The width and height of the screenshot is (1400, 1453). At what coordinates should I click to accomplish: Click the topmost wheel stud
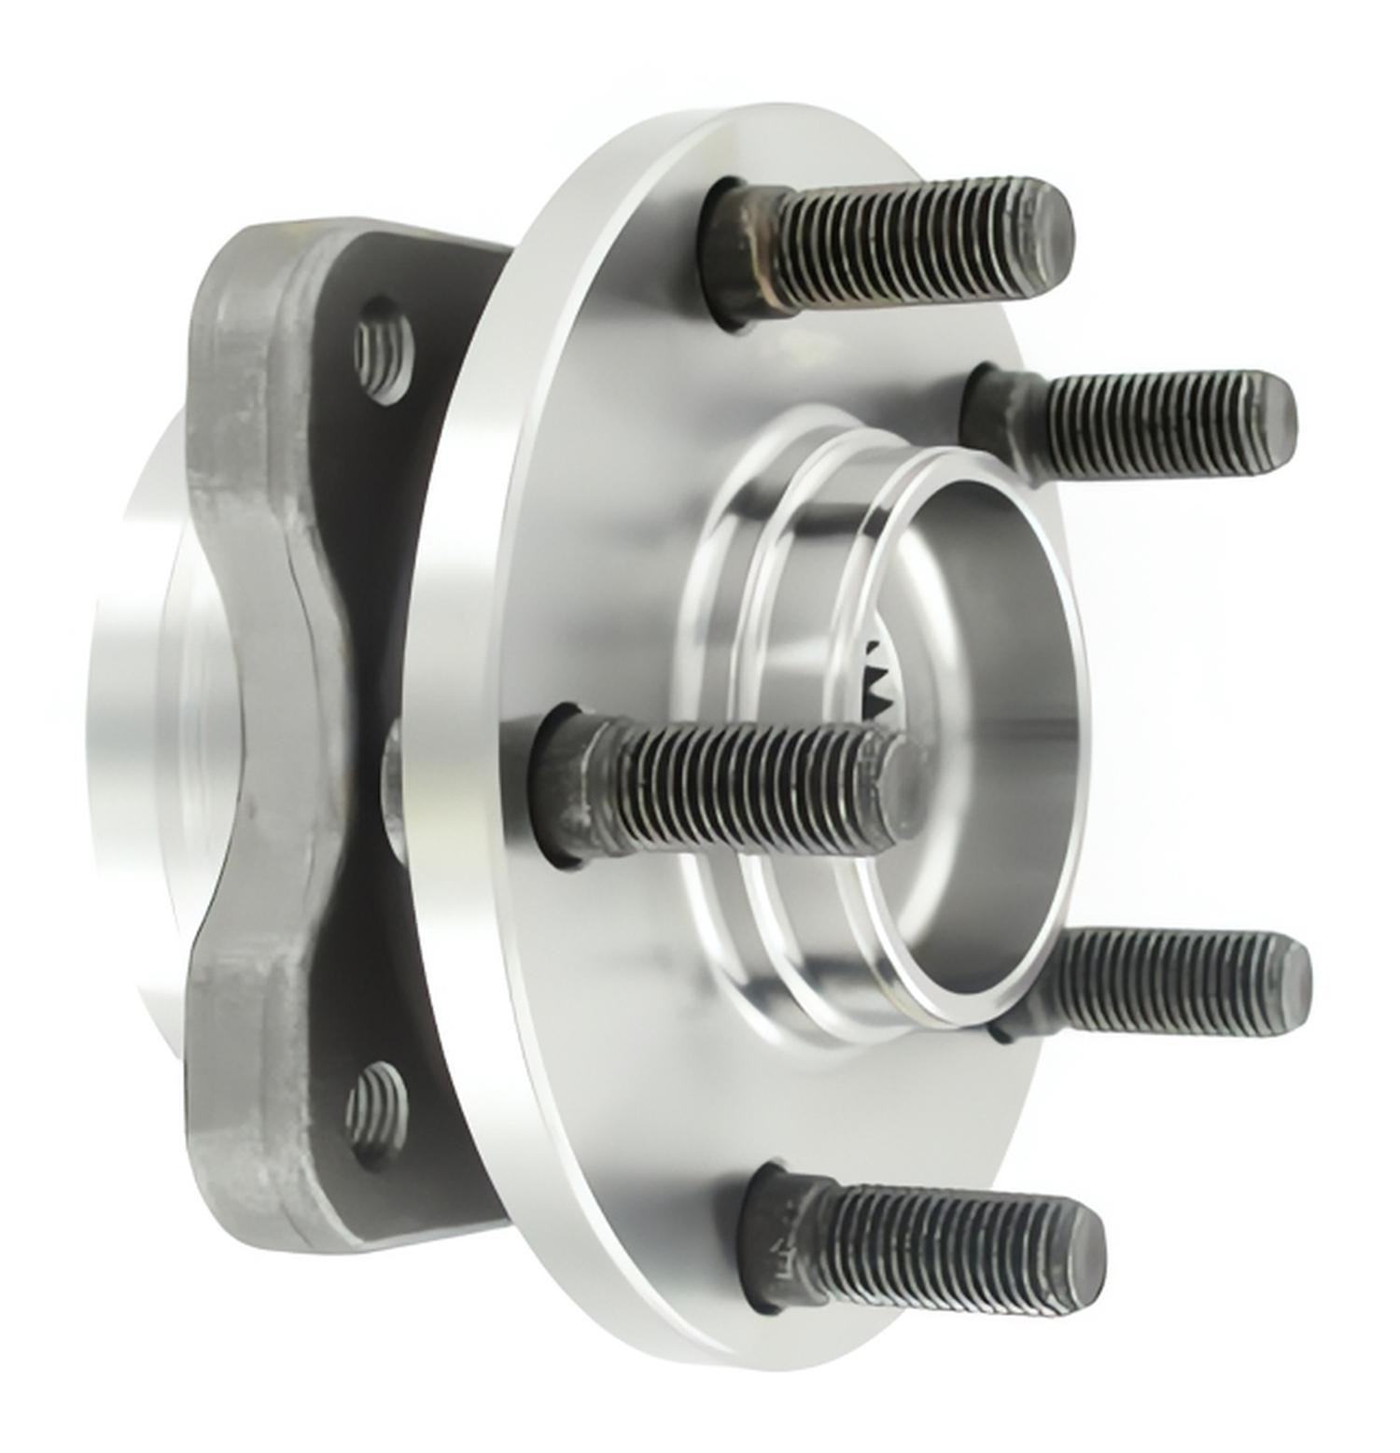(x=896, y=247)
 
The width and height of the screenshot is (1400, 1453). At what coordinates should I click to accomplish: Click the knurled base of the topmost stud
(x=747, y=252)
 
